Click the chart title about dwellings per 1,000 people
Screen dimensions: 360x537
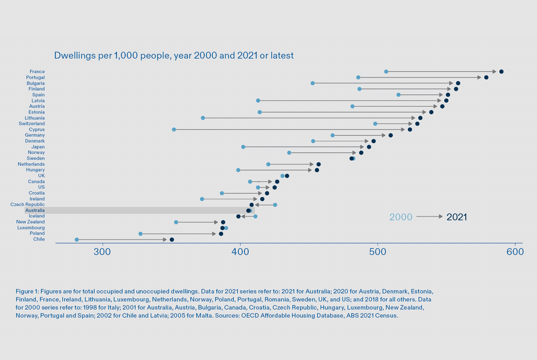click(x=173, y=56)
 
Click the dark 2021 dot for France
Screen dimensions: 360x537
click(x=501, y=71)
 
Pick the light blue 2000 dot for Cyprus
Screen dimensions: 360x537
click(x=174, y=130)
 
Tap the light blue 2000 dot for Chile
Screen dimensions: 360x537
click(x=77, y=239)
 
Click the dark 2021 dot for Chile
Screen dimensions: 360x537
click(x=172, y=239)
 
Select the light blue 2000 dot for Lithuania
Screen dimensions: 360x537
click(x=203, y=118)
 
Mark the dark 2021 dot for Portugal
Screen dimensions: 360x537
click(x=486, y=77)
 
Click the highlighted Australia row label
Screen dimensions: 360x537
click(x=35, y=211)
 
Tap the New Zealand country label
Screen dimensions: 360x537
click(x=30, y=222)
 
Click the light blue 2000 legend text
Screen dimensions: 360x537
click(x=401, y=217)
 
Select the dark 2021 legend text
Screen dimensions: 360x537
click(x=457, y=217)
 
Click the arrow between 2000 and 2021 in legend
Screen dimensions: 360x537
click(x=430, y=217)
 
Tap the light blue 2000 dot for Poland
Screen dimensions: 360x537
click(x=140, y=234)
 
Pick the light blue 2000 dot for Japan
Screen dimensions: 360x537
click(x=243, y=147)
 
